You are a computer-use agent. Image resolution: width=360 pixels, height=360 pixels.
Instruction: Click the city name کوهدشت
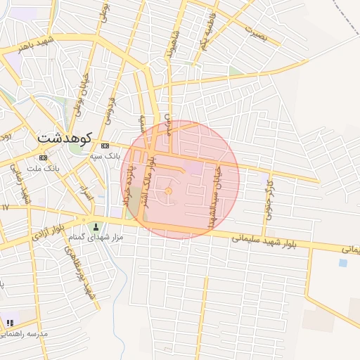pyautogui.click(x=65, y=137)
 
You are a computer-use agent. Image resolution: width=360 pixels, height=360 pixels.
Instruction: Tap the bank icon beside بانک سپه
pyautogui.click(x=105, y=146)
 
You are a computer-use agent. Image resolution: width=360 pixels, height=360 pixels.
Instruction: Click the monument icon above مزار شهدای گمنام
pyautogui.click(x=96, y=226)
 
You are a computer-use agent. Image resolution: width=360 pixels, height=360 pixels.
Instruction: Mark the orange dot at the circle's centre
pyautogui.click(x=168, y=191)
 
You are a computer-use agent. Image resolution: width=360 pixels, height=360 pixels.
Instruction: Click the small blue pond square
pyautogui.click(x=342, y=263)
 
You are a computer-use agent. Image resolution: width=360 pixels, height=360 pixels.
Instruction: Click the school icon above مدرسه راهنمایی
pyautogui.click(x=10, y=323)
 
